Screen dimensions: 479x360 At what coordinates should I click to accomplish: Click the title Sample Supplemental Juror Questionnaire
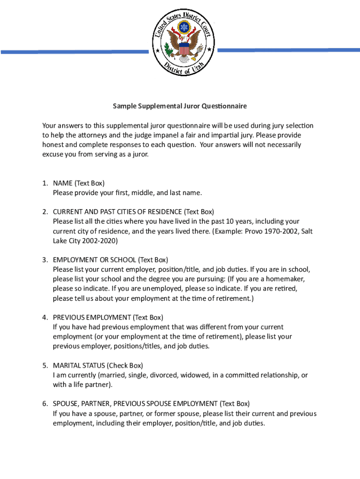point(180,106)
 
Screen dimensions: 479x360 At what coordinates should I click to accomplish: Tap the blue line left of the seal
point(74,51)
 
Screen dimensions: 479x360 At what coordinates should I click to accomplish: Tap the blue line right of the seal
point(288,50)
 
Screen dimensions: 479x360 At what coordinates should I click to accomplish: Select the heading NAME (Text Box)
point(79,183)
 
